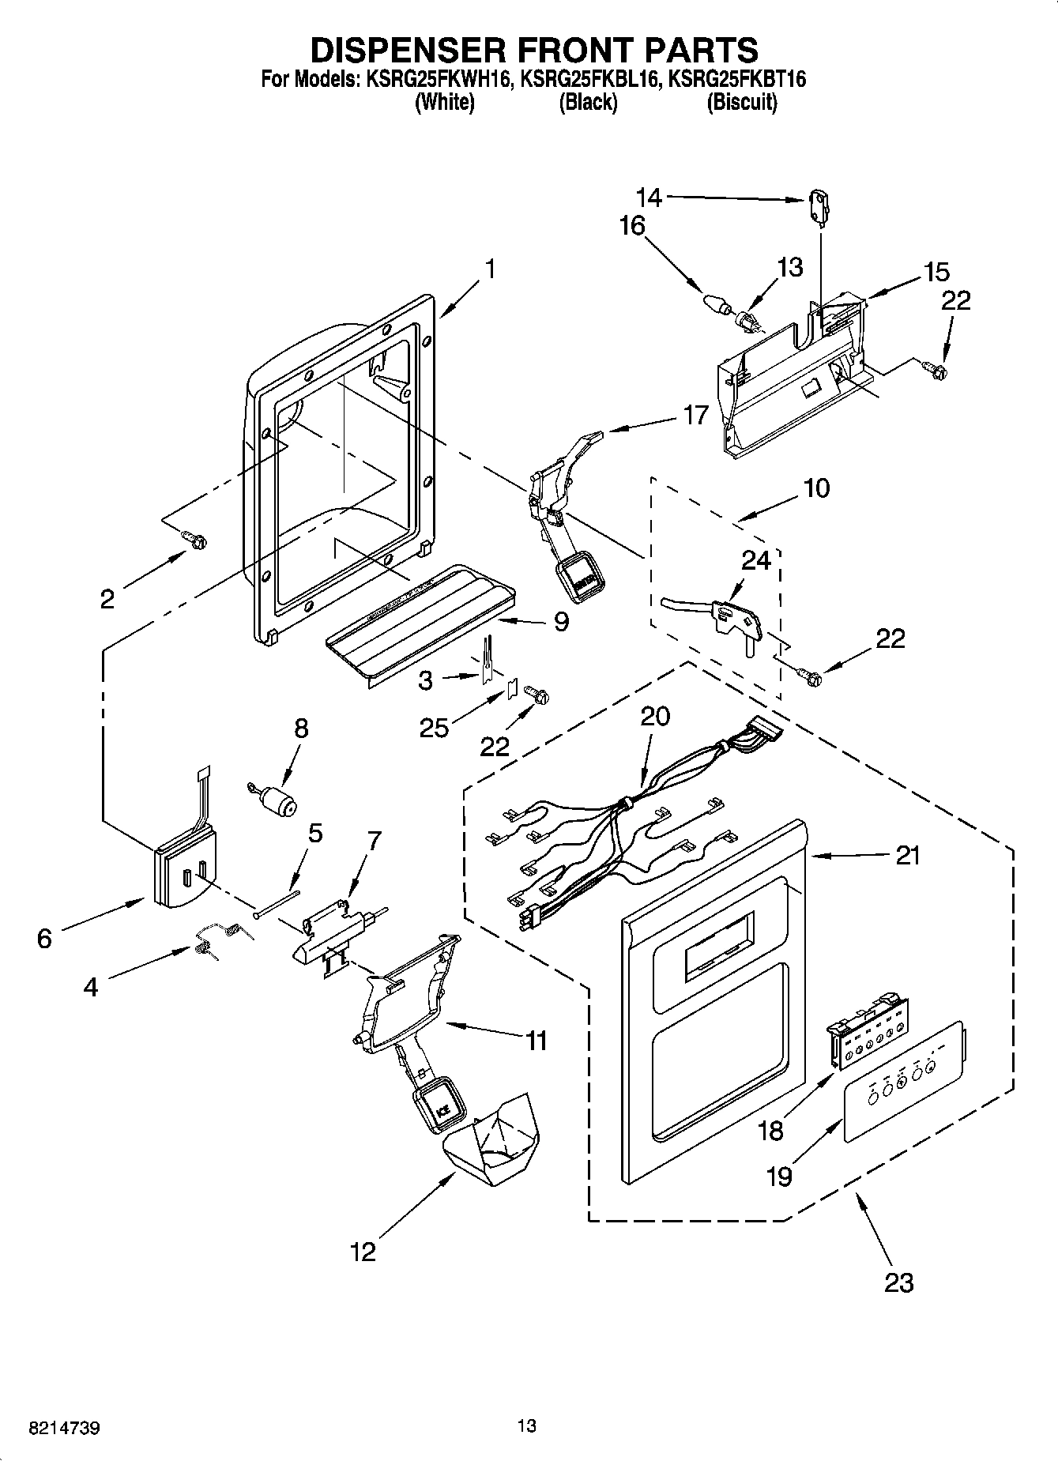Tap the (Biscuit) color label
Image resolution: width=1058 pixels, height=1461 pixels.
click(741, 102)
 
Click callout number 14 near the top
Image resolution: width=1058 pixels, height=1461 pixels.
click(649, 196)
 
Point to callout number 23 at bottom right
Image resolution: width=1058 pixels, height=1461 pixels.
click(899, 1282)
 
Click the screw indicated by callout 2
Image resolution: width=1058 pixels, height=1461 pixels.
click(195, 539)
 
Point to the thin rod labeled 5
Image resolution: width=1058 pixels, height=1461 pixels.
click(277, 904)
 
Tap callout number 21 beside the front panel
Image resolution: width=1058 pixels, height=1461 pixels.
click(908, 855)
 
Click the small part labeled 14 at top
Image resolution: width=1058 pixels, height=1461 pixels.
click(817, 203)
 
